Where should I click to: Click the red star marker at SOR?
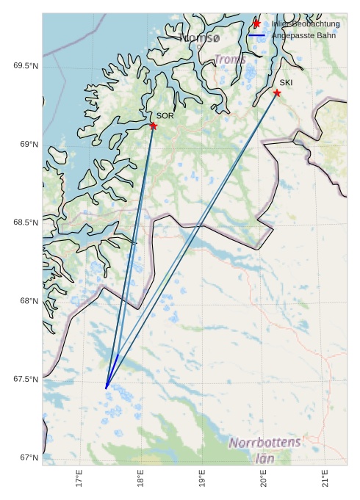(x=154, y=126)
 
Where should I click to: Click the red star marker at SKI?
(x=277, y=93)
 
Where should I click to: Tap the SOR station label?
(x=165, y=116)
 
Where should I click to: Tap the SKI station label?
(x=286, y=83)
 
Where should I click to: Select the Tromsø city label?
(x=199, y=37)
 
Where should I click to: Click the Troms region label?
(x=230, y=59)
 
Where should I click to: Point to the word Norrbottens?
(x=264, y=443)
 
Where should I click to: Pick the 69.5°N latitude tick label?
(x=26, y=66)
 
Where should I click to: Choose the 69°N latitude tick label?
(x=29, y=144)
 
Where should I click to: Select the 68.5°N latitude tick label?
(x=26, y=222)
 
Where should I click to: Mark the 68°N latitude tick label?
(x=29, y=301)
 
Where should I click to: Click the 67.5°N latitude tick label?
(x=26, y=379)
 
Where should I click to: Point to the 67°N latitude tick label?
(x=29, y=457)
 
